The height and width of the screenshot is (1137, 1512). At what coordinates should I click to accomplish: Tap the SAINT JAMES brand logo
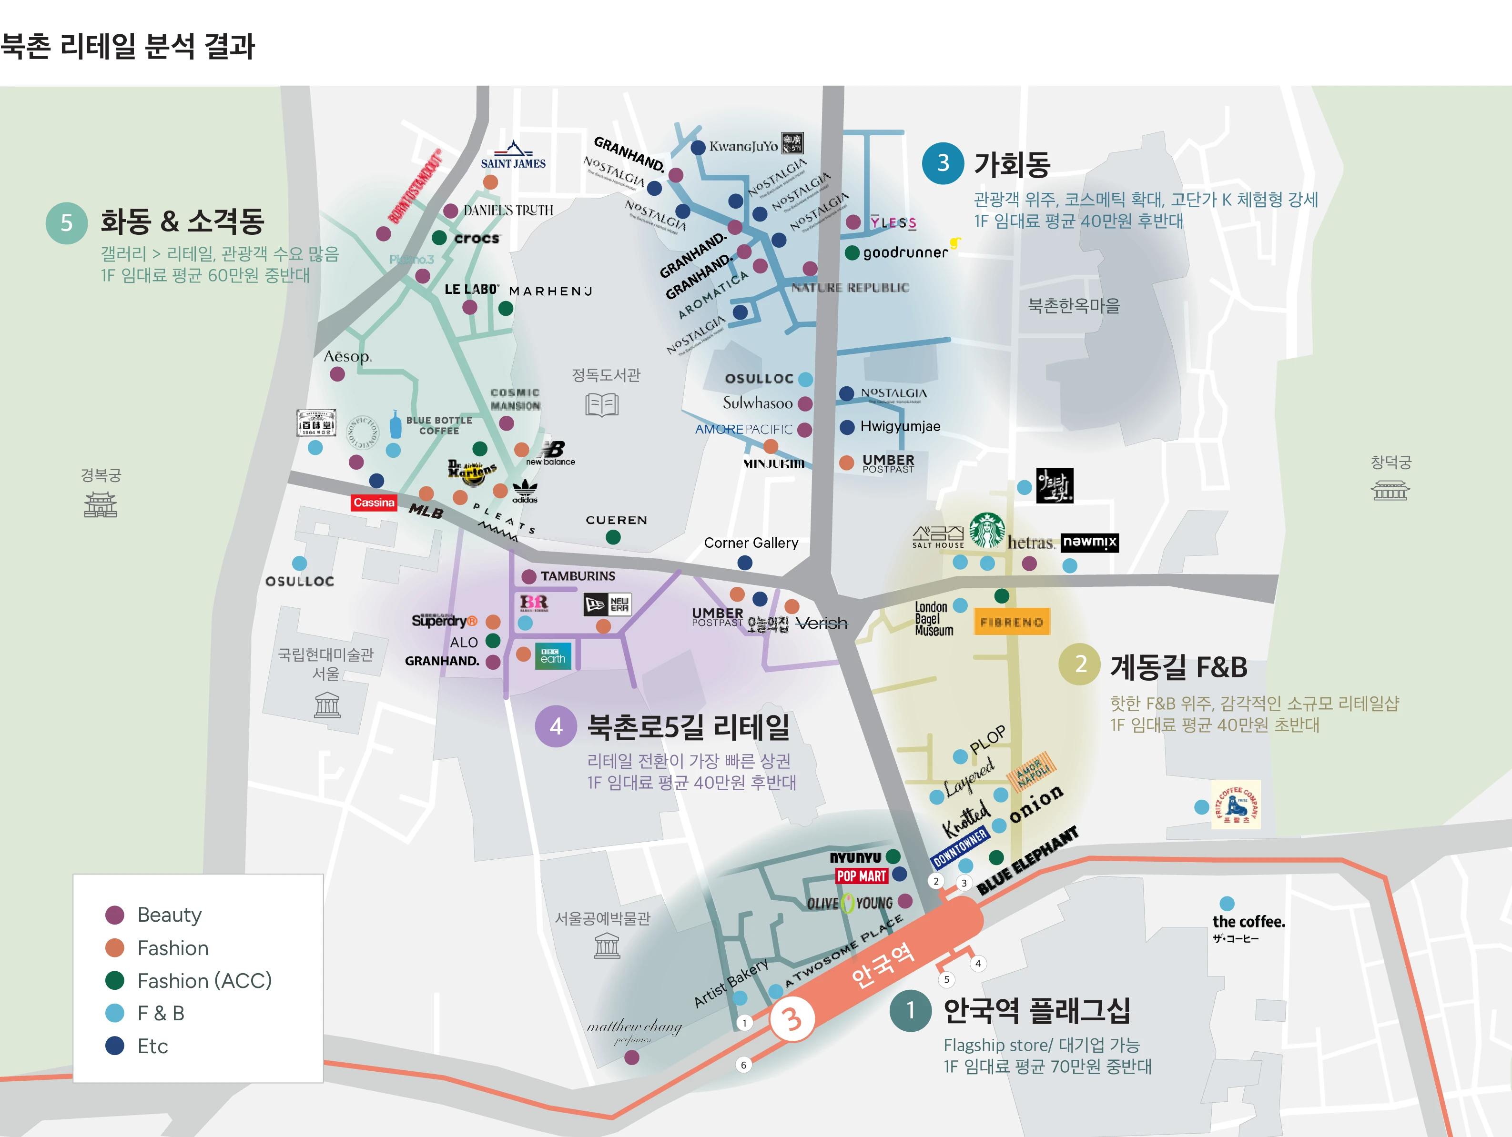pos(513,155)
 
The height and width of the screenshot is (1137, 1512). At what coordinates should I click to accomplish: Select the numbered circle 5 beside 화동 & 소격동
pos(66,223)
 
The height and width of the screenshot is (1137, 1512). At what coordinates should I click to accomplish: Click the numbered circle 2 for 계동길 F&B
pos(1079,664)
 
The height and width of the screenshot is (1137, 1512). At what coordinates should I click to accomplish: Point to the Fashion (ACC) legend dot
pos(115,981)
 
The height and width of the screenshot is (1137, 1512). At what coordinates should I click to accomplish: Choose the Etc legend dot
pos(115,1046)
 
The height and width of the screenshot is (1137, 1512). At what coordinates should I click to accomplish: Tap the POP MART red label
pos(861,876)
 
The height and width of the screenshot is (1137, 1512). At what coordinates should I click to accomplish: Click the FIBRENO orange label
pos(1012,622)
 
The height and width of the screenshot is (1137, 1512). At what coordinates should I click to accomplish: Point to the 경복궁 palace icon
pos(101,504)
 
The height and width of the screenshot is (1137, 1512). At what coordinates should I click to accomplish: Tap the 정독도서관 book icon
pos(601,404)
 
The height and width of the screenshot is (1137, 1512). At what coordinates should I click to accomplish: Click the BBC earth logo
pos(553,656)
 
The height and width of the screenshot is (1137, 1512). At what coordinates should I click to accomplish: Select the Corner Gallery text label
pos(751,543)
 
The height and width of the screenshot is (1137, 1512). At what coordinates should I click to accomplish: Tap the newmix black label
pos(1090,542)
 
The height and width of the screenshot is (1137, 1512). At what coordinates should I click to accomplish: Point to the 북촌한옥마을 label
pos(1074,305)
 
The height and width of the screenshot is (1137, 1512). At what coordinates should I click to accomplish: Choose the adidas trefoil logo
pos(525,490)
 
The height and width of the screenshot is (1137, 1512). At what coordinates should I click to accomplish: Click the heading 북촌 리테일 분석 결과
pos(128,47)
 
